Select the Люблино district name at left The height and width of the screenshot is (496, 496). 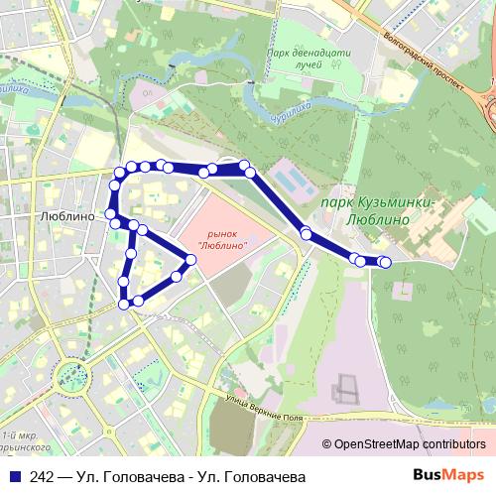pyautogui.click(x=62, y=214)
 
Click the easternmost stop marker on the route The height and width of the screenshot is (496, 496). pyautogui.click(x=385, y=262)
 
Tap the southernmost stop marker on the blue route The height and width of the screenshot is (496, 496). pyautogui.click(x=124, y=305)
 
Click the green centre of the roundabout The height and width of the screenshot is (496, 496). pyautogui.click(x=72, y=375)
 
